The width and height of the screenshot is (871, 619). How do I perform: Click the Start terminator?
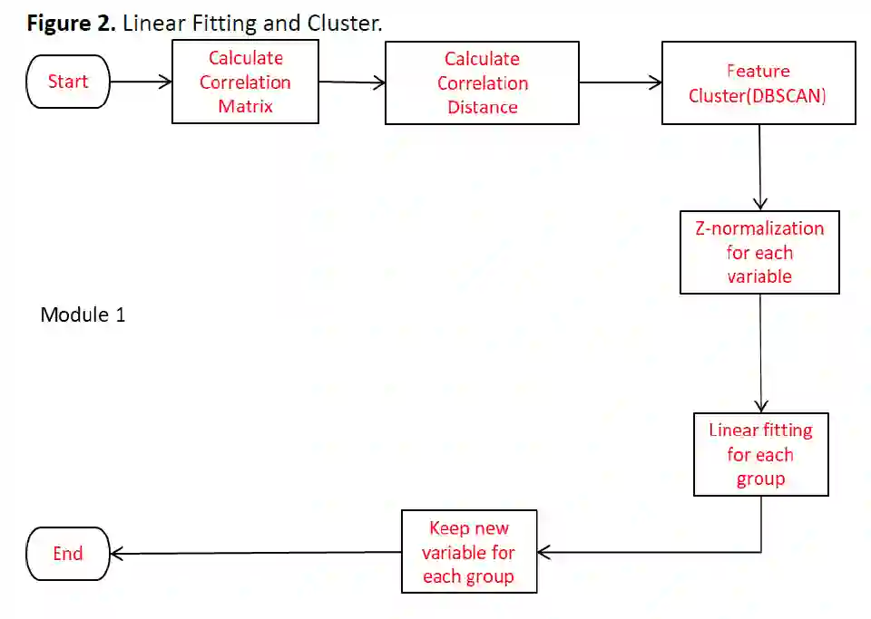point(67,82)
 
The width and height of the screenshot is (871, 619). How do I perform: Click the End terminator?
point(67,554)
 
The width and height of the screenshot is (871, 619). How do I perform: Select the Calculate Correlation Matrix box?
point(245,82)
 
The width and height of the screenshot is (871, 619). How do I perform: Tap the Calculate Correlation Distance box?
point(482,83)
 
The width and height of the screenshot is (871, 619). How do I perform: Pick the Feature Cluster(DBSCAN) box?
point(758,82)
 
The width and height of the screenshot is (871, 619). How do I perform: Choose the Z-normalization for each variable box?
point(759,252)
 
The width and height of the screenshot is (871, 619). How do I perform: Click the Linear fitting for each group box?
point(760,454)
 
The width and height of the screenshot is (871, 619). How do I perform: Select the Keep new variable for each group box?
point(469,552)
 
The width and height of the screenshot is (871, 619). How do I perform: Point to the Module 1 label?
point(83,315)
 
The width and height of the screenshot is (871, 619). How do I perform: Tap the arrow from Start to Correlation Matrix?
point(141,82)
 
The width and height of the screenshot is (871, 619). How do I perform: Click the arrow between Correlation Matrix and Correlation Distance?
point(352,82)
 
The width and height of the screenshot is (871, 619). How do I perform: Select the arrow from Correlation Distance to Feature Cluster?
point(621,83)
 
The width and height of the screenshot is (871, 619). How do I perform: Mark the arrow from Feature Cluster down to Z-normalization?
point(759,168)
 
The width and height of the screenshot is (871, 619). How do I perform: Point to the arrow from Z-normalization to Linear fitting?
point(760,353)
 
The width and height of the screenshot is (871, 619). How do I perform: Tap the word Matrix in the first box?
point(245,106)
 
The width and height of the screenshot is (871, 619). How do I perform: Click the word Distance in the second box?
point(482,107)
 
